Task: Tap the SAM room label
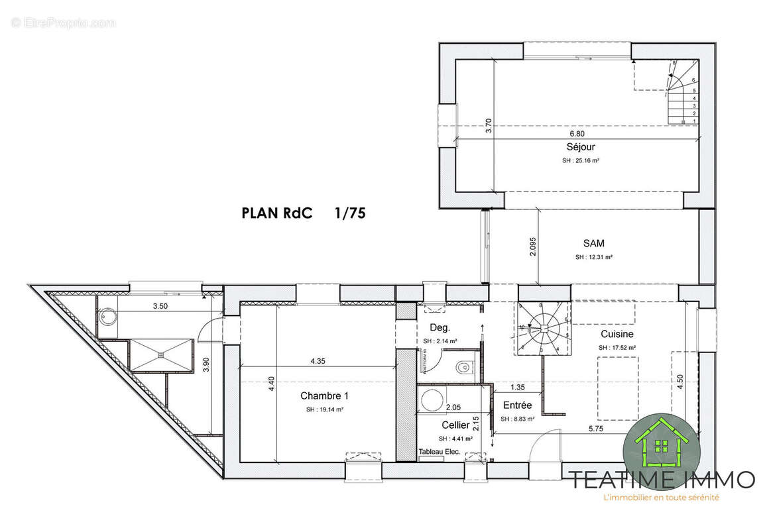tap(593, 243)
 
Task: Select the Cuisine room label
tap(617, 334)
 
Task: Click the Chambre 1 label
tap(324, 396)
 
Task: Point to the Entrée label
tap(517, 405)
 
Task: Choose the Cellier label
tap(455, 425)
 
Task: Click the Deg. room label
tap(440, 327)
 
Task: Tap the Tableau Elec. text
tap(439, 452)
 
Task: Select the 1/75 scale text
tap(351, 213)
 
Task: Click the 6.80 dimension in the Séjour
tap(577, 133)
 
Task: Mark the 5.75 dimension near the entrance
tap(595, 429)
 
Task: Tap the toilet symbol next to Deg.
tap(464, 366)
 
